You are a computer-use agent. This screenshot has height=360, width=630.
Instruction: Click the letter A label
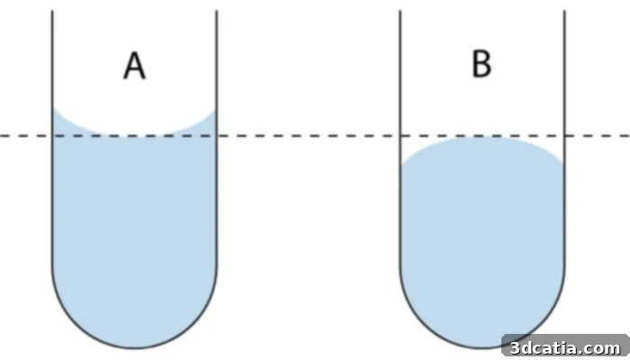click(x=134, y=67)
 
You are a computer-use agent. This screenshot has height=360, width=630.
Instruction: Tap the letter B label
click(x=481, y=64)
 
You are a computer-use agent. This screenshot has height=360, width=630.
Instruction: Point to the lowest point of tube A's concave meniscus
click(x=134, y=135)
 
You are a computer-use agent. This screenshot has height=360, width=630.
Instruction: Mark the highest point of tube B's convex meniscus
click(x=481, y=138)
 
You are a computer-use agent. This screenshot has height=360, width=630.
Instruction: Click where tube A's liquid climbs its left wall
click(x=54, y=108)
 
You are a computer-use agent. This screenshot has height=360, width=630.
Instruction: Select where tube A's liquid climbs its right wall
click(x=215, y=110)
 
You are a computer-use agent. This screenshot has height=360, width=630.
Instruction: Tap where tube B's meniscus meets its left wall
click(x=401, y=166)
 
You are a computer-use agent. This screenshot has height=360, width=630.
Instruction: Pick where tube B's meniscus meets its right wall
click(x=562, y=165)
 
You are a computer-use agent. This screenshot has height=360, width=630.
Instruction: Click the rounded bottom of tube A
click(x=134, y=347)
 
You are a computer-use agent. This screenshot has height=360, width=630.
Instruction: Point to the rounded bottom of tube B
click(x=481, y=347)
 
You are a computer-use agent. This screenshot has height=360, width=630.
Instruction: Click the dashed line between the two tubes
click(x=308, y=136)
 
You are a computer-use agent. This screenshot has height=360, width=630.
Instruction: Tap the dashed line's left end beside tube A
click(x=1, y=136)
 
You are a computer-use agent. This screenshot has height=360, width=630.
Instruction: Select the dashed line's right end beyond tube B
click(x=629, y=136)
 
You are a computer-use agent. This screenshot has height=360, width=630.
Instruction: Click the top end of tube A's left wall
click(x=52, y=11)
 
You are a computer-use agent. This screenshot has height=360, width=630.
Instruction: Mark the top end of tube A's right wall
click(x=217, y=11)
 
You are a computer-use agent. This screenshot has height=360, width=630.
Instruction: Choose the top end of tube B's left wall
click(x=400, y=11)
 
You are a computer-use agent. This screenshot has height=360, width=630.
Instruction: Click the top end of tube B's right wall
click(x=564, y=11)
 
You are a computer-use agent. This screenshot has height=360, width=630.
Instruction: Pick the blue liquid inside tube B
click(x=481, y=241)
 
